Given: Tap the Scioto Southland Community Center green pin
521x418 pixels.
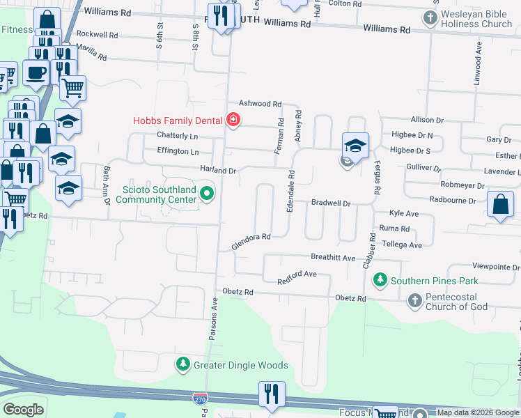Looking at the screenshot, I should tap(207, 193).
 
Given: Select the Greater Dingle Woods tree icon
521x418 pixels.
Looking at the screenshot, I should tap(182, 364).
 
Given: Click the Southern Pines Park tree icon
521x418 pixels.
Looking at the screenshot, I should tap(380, 281).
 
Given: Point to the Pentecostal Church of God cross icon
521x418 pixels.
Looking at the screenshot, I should tap(414, 301).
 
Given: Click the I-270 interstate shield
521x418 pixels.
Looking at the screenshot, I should tap(200, 398).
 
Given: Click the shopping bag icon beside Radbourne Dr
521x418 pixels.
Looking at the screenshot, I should tap(500, 204).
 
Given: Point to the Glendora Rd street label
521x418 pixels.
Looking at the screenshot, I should tap(251, 242).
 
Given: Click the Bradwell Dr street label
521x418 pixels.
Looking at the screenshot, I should tap(330, 203).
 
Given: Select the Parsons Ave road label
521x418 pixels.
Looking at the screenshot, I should tap(213, 319).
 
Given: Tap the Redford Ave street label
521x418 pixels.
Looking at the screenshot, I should tap(297, 277).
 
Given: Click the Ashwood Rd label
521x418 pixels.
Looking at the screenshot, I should tap(260, 103).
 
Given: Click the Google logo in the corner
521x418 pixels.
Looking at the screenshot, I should tap(23, 410).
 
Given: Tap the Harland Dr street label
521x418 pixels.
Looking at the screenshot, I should tap(218, 170).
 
